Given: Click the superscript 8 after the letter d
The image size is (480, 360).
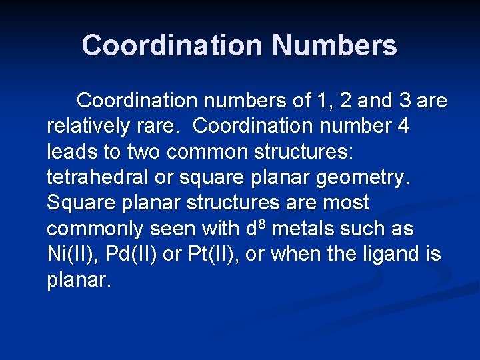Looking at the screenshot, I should (x=262, y=223).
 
